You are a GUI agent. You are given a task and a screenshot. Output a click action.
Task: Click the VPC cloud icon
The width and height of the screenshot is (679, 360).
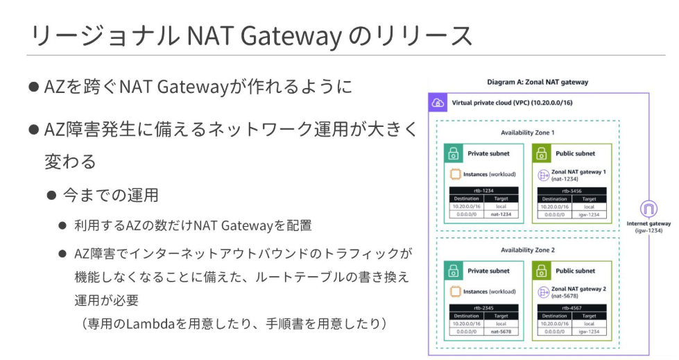coord(438,103)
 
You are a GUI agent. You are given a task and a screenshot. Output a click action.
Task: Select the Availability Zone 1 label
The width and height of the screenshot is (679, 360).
coord(528,132)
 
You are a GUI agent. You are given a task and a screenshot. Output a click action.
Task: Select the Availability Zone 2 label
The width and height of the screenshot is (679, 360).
coord(528,249)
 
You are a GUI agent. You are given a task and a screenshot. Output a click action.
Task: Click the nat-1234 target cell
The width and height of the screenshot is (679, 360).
coord(501,214)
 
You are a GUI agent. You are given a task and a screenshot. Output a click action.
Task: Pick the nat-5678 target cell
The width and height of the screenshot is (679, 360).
coord(501,332)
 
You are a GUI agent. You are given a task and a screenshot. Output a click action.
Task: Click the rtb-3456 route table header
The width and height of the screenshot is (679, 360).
coord(572,190)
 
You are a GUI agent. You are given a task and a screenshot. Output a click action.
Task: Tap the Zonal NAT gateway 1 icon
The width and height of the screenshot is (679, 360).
coord(544,175)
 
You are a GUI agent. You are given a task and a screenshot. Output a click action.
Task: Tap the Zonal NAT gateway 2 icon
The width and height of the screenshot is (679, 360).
coord(544,293)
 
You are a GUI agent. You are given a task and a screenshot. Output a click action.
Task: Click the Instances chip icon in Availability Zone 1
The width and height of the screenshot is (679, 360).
coord(456,175)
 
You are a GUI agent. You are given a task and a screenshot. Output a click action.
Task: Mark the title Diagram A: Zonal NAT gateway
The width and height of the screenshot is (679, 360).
coord(538,82)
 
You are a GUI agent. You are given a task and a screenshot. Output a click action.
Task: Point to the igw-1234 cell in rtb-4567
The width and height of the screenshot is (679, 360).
coord(589,332)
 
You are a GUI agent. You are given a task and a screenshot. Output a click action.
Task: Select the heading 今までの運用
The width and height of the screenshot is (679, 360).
coord(111,195)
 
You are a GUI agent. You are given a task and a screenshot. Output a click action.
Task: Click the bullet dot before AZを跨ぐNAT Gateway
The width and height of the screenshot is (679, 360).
coord(33,87)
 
